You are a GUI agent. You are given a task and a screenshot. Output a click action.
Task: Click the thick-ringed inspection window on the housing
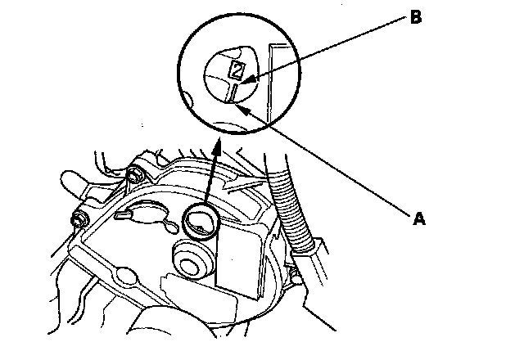click(200, 220)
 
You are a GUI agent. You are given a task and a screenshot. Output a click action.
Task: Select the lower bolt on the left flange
click(79, 219)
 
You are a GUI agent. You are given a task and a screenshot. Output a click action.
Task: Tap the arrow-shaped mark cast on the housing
click(245, 187)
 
